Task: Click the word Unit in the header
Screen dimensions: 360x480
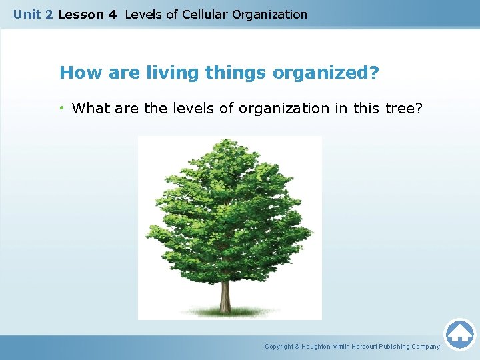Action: pyautogui.click(x=26, y=14)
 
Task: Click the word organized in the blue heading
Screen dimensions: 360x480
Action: pyautogui.click(x=321, y=72)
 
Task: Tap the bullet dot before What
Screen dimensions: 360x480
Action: pyautogui.click(x=63, y=108)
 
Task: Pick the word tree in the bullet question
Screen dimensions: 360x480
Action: pyautogui.click(x=400, y=108)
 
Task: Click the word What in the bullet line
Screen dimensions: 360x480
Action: pyautogui.click(x=91, y=108)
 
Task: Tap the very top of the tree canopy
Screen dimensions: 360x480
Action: pyautogui.click(x=228, y=141)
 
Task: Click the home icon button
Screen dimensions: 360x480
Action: pyautogui.click(x=459, y=334)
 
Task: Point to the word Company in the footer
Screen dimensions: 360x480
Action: pyautogui.click(x=425, y=347)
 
